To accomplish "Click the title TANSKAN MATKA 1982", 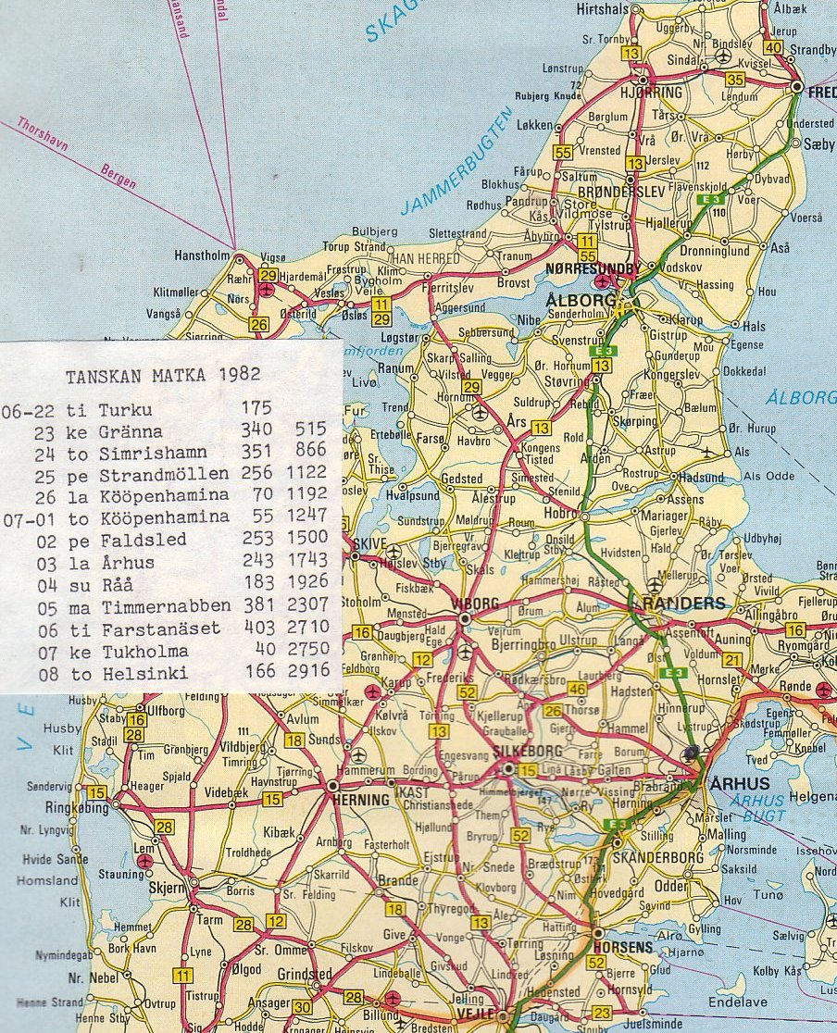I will (163, 375).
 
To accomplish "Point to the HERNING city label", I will (362, 800).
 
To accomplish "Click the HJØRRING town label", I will (652, 93).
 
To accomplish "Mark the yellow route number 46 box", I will (577, 689).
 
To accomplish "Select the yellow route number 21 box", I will (733, 659).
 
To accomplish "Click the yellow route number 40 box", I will (774, 47).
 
